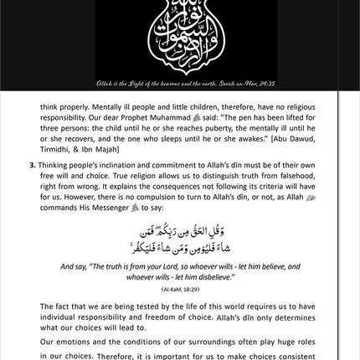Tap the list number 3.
point(31,178)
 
